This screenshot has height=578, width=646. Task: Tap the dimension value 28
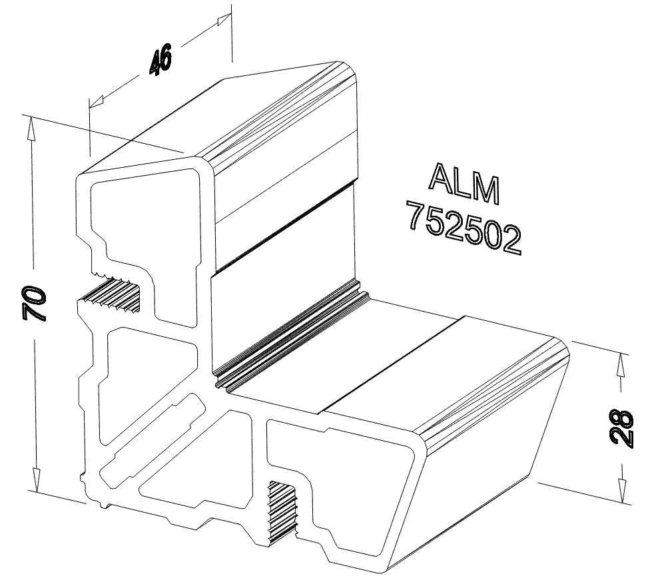click(621, 427)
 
